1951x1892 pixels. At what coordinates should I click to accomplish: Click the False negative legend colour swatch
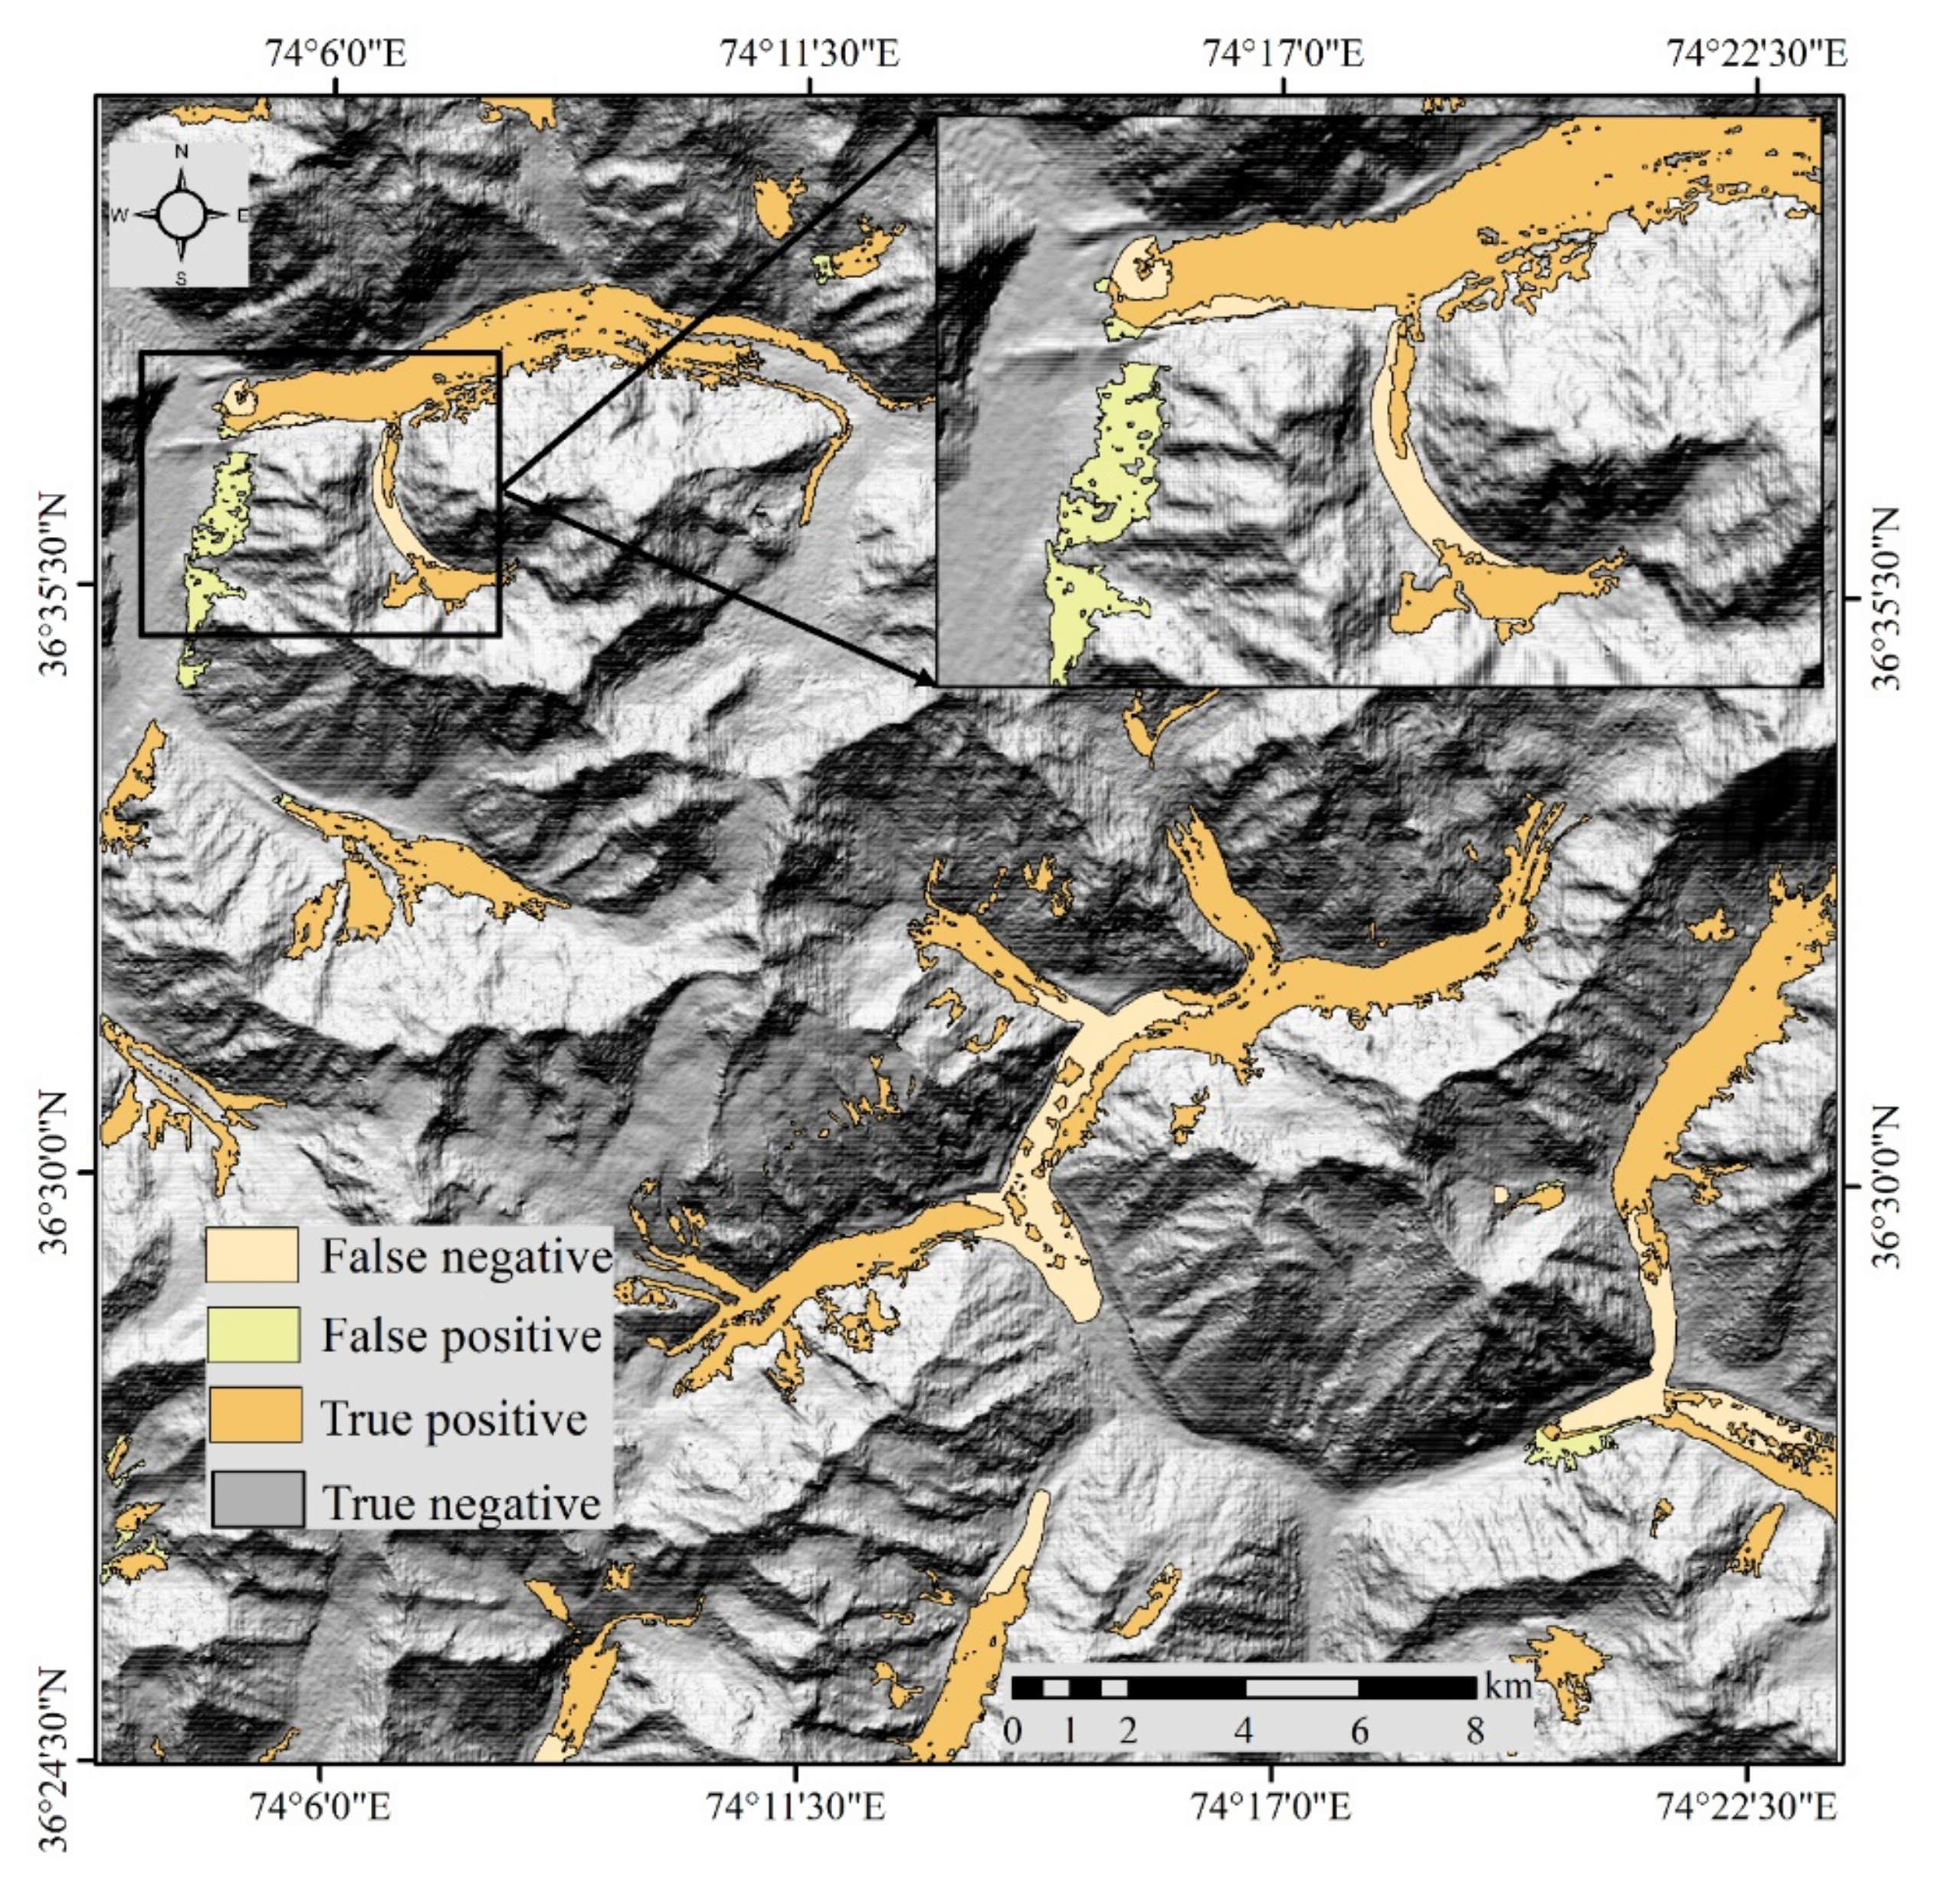(x=252, y=1254)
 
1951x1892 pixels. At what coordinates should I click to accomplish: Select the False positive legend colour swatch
(x=252, y=1334)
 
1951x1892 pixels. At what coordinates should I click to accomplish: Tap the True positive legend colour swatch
(x=255, y=1416)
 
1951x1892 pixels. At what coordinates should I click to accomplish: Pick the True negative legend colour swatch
(x=257, y=1499)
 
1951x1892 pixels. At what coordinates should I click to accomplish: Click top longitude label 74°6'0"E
(x=336, y=52)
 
